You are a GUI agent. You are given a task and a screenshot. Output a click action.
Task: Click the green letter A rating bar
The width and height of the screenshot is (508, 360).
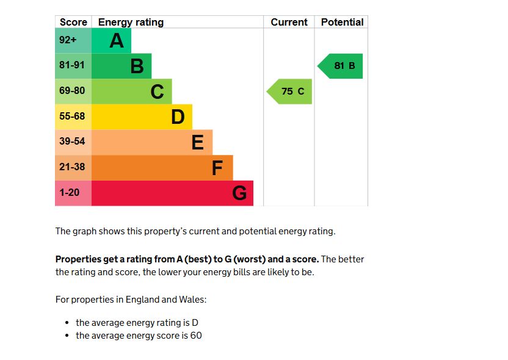(111, 41)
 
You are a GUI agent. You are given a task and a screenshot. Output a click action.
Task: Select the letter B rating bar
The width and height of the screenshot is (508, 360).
(122, 66)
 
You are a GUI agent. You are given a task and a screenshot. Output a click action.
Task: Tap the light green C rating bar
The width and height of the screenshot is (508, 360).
(131, 92)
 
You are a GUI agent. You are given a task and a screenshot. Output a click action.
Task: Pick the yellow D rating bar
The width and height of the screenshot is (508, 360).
(142, 117)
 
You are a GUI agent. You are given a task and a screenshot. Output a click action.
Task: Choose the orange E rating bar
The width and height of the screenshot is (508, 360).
(152, 142)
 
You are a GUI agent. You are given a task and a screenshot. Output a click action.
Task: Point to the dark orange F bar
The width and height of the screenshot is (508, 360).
(162, 167)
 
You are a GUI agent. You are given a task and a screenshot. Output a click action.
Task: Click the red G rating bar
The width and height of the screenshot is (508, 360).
(172, 193)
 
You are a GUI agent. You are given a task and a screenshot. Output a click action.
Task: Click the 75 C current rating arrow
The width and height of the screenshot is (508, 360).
(290, 92)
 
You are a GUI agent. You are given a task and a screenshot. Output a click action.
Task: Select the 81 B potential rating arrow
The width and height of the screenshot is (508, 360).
(341, 66)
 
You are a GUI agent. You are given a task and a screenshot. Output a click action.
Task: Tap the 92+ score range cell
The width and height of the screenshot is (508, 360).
(73, 41)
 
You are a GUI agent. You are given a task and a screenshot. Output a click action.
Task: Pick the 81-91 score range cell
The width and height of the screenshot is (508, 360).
(73, 66)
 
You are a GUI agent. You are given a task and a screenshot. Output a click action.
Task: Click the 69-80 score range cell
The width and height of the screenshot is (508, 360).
(73, 92)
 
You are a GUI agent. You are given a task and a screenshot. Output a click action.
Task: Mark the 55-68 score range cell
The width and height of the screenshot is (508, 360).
(73, 117)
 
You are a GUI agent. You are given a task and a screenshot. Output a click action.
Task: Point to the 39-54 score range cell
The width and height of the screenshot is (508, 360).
(73, 142)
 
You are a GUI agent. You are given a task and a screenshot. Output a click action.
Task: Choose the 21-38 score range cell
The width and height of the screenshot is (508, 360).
(73, 167)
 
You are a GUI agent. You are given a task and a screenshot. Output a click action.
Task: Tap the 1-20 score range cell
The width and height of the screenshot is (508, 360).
(73, 193)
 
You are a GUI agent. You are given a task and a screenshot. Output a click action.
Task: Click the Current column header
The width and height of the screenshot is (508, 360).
(289, 22)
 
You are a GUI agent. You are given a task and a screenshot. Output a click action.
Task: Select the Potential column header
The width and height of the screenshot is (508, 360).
(342, 22)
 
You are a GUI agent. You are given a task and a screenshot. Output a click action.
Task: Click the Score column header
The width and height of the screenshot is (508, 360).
(73, 22)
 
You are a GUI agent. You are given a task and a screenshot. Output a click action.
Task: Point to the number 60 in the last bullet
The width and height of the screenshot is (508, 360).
(196, 336)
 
